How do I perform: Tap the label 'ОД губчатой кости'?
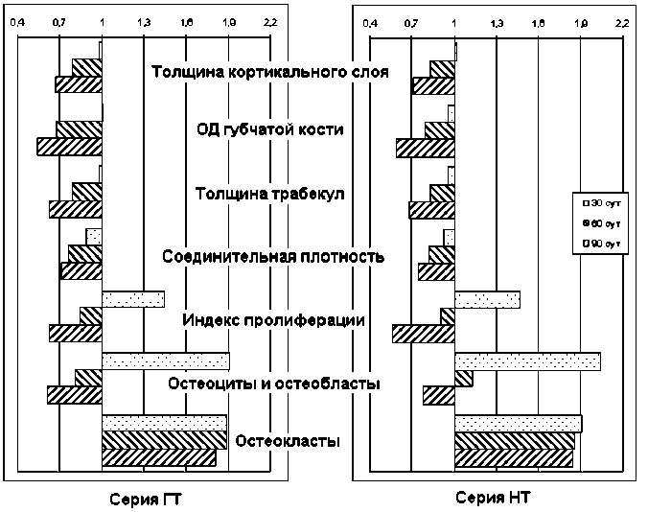269,131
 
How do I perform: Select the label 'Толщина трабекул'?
269,194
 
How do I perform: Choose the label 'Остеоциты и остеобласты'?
274,384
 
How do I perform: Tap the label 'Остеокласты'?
288,441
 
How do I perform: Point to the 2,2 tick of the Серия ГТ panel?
270,20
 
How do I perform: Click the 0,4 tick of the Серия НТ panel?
369,20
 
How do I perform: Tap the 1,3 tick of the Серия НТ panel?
497,20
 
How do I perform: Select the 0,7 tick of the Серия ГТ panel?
59,20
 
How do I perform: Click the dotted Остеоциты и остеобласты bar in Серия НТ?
527,361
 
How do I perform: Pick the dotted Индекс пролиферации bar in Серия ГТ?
133,299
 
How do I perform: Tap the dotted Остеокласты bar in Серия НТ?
518,424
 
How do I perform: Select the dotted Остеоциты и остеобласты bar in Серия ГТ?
165,361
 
